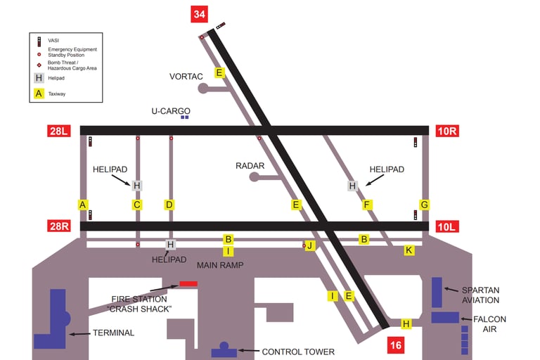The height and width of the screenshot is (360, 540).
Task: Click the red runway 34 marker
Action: tap(200, 14)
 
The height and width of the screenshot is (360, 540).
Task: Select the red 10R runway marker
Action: tap(447, 130)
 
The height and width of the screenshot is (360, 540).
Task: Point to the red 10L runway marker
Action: tap(447, 226)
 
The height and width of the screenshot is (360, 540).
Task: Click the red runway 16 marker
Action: tap(396, 345)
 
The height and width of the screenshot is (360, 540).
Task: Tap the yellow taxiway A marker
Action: tap(83, 205)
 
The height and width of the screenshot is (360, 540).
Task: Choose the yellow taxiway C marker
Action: tap(137, 205)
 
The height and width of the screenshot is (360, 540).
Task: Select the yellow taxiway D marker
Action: tap(169, 205)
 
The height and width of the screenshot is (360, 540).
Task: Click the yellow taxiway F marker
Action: tap(366, 205)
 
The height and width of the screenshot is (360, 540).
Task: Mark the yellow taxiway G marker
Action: tap(424, 205)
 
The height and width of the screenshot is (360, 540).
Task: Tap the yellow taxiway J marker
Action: tap(309, 245)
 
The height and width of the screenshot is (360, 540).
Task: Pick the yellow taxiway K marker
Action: tap(409, 250)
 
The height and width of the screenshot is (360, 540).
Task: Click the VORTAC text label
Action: tap(186, 76)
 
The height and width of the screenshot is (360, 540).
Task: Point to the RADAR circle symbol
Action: tap(254, 177)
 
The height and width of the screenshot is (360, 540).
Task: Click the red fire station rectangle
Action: tap(188, 283)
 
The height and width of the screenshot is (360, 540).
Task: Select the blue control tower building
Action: tap(224, 350)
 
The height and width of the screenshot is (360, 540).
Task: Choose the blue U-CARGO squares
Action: tap(184, 117)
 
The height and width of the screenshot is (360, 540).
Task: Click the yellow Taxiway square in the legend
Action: tap(39, 93)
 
